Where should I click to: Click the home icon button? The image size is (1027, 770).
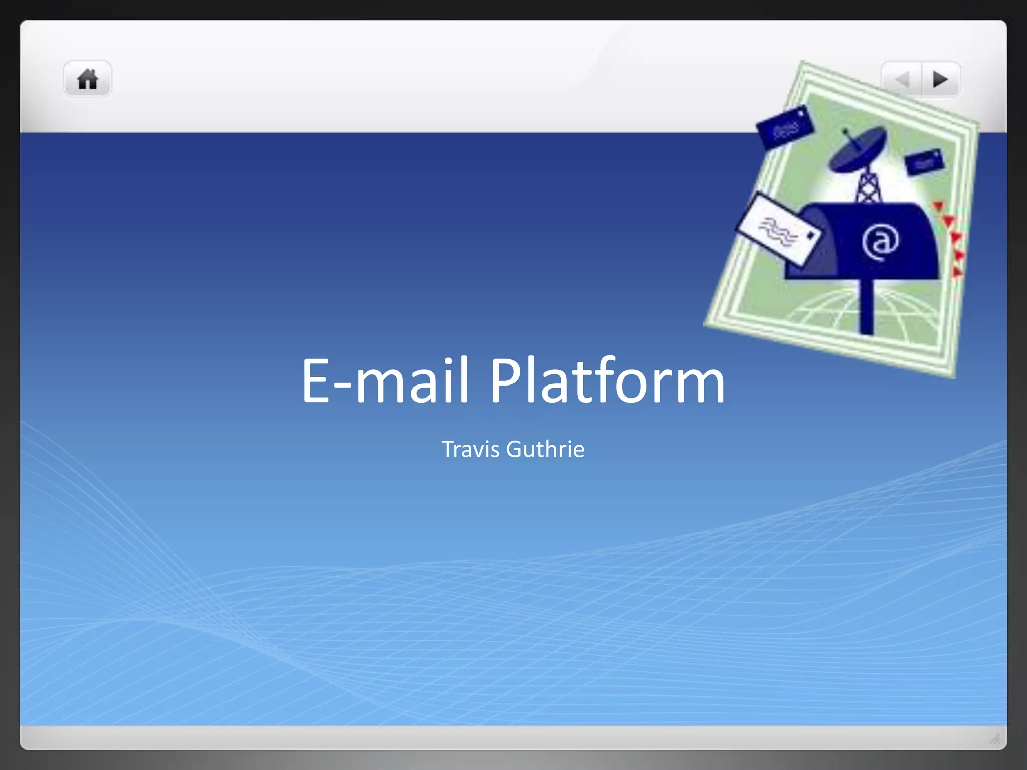(x=88, y=79)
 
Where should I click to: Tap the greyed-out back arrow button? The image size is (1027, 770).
(x=902, y=79)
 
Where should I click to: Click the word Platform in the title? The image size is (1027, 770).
(x=607, y=380)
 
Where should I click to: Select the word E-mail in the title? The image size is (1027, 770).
(x=385, y=380)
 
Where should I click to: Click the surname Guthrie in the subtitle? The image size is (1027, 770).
(x=545, y=449)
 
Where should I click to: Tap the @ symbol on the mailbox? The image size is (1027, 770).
(x=880, y=243)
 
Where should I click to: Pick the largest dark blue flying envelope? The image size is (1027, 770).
(x=785, y=128)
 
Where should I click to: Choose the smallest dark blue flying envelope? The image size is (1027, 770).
(x=924, y=162)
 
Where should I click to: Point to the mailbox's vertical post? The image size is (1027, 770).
(x=866, y=306)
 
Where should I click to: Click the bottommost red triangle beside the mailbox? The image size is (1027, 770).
(x=957, y=272)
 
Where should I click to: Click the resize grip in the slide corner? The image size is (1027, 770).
(x=994, y=738)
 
